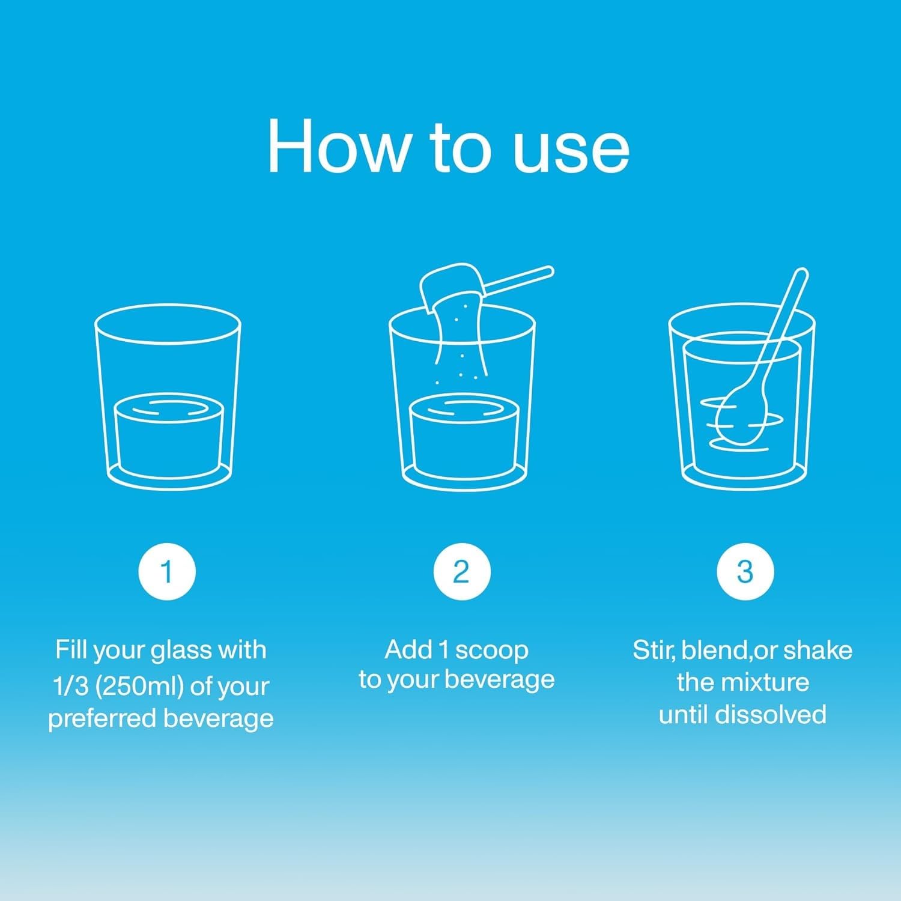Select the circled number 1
click(x=167, y=571)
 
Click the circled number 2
click(x=461, y=571)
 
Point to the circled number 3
click(x=745, y=571)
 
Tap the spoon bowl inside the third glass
click(x=742, y=414)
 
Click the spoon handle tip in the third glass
click(x=800, y=278)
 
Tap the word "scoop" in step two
click(x=491, y=650)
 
